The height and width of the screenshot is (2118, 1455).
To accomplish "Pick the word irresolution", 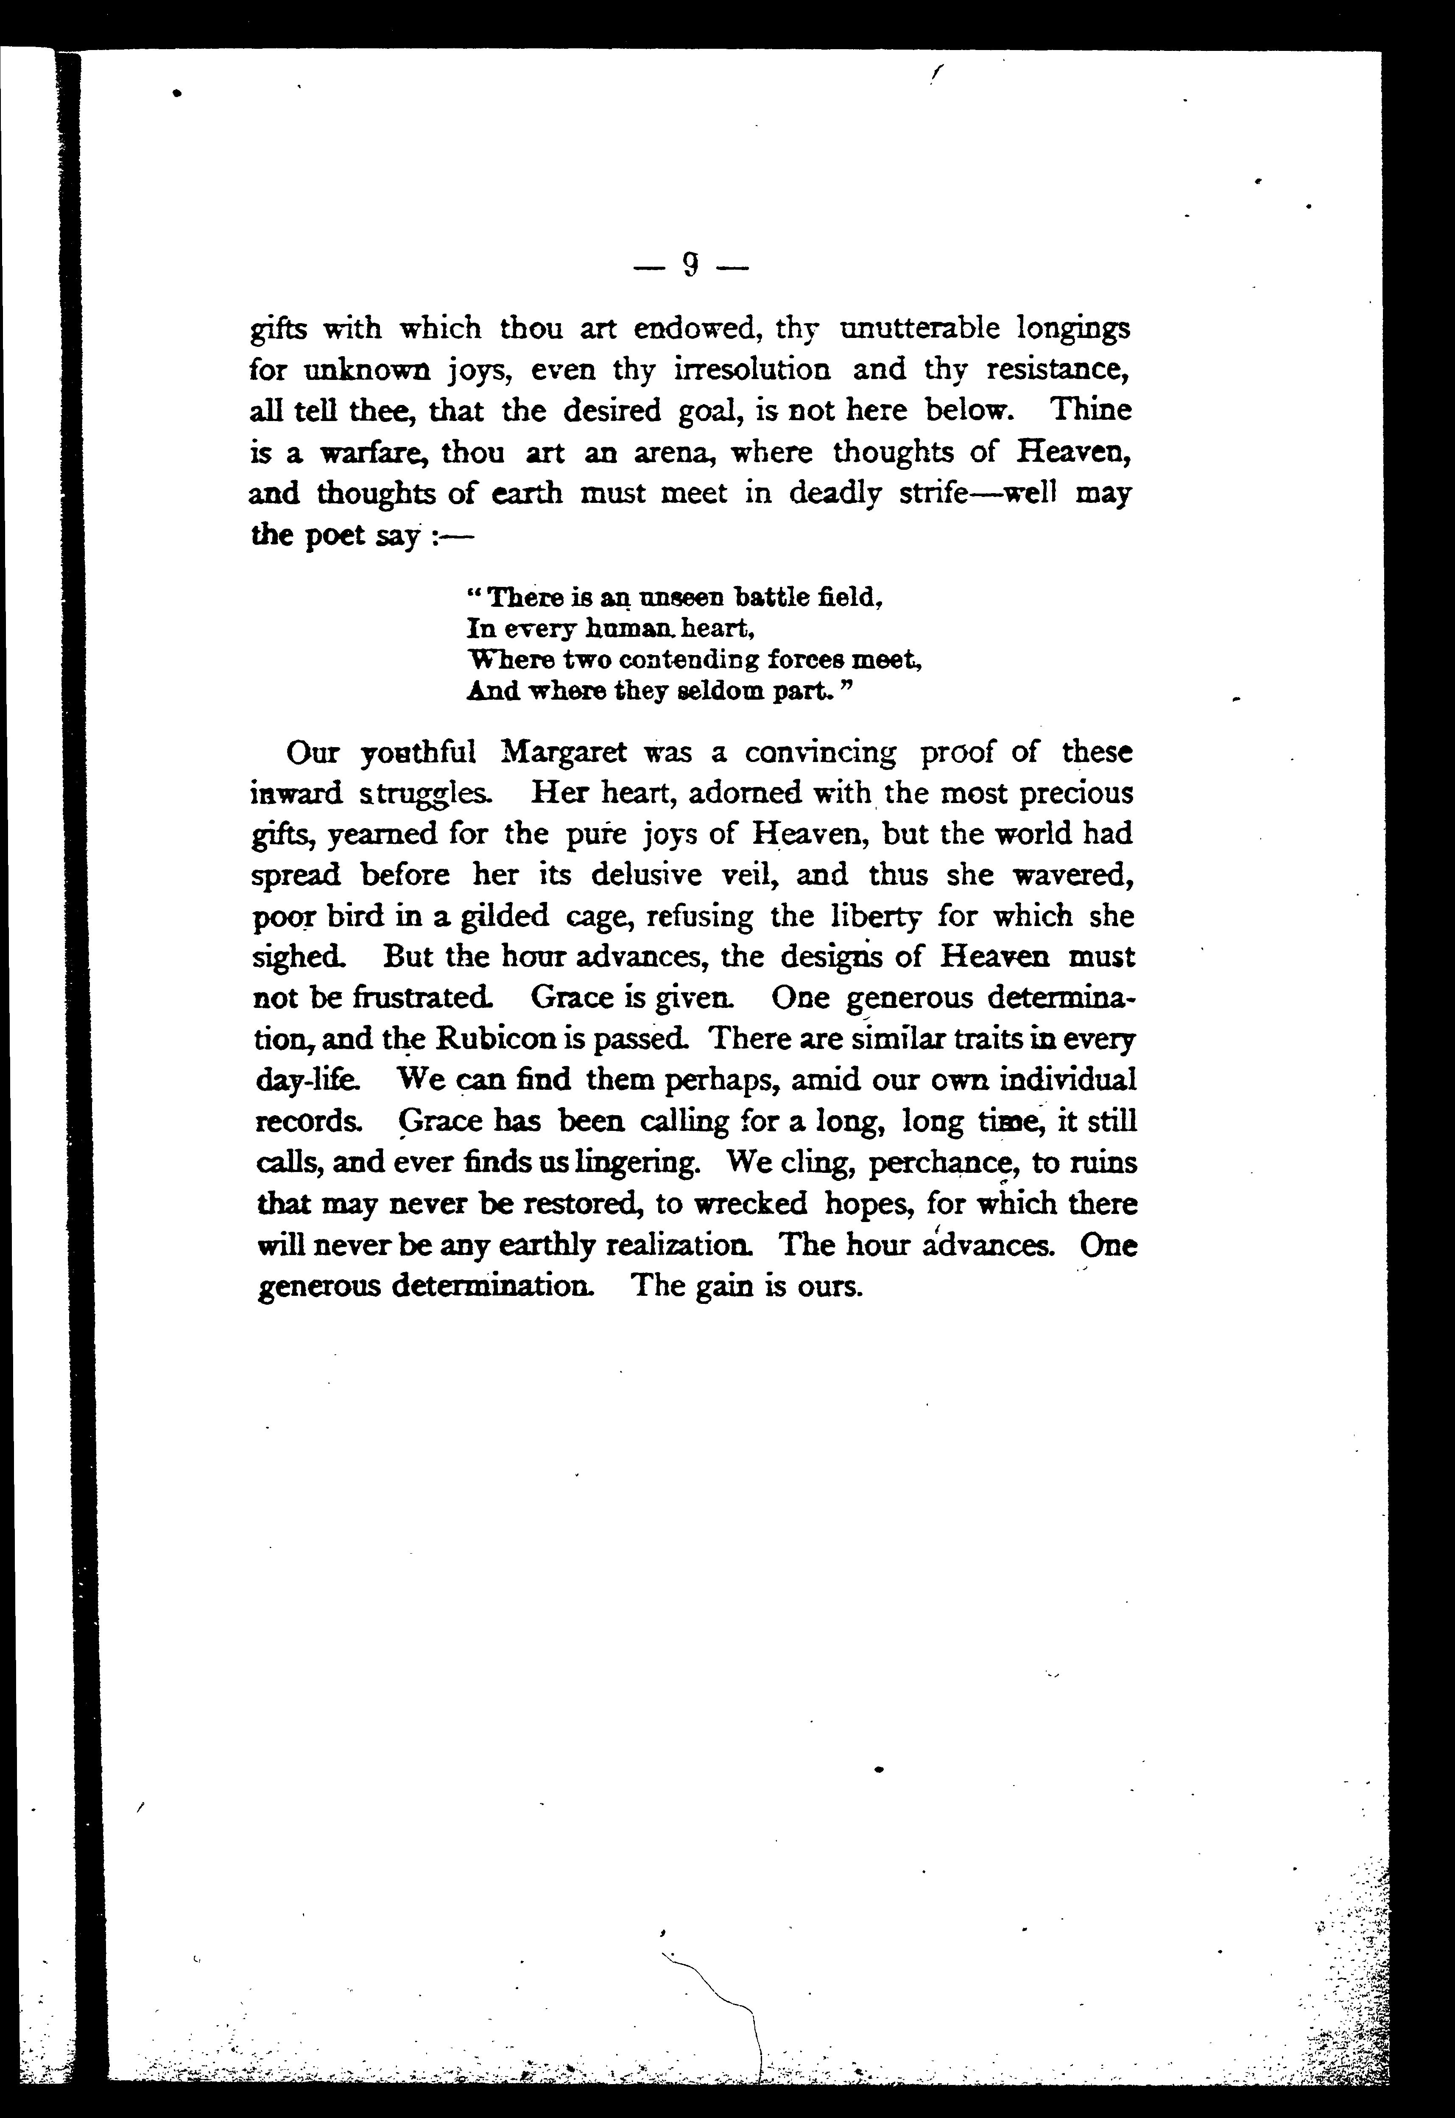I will click(752, 369).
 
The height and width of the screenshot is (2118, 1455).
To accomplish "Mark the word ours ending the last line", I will click(829, 1287).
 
